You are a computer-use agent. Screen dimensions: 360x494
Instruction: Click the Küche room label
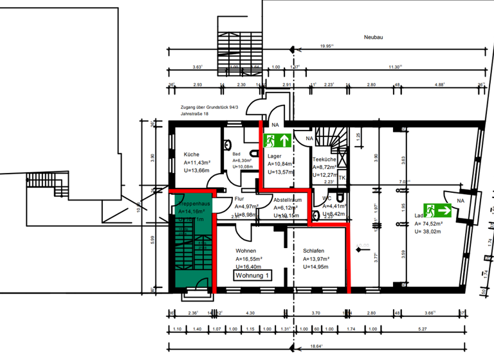[x=192, y=155]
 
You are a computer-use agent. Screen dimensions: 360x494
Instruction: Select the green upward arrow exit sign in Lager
[x=277, y=139]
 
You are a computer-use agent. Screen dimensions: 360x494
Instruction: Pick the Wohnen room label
[x=246, y=251]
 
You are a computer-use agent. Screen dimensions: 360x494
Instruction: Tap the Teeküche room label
[x=325, y=159]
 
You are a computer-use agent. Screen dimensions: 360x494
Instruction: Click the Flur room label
[x=240, y=199]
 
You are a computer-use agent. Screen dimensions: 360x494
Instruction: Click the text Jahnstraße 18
[x=195, y=114]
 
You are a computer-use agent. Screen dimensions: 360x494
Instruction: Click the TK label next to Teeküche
[x=342, y=177]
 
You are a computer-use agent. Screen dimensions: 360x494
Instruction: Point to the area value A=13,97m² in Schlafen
[x=316, y=259]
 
